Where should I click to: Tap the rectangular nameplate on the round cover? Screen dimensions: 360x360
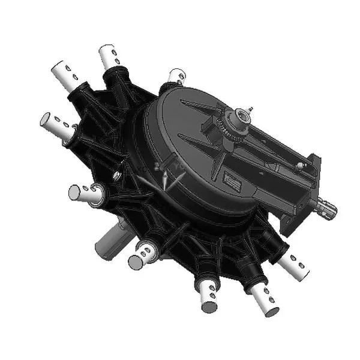231,179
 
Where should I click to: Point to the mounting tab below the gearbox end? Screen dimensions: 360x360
289,224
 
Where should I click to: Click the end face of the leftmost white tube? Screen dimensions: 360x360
46,122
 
